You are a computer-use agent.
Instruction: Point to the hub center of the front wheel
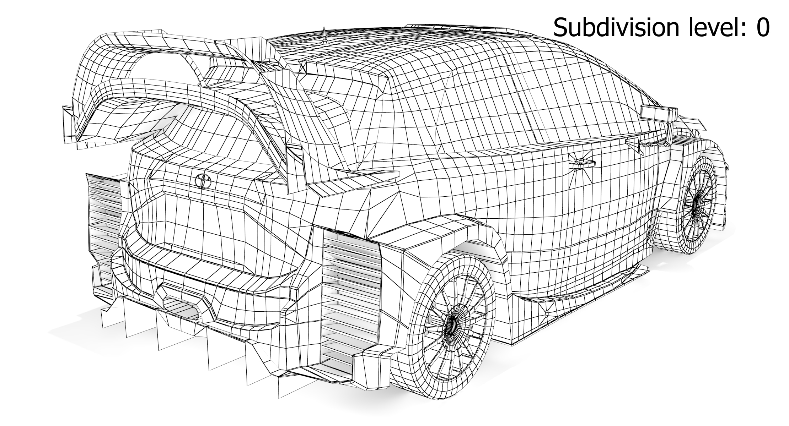point(695,204)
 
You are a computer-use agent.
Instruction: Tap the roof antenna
point(324,35)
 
